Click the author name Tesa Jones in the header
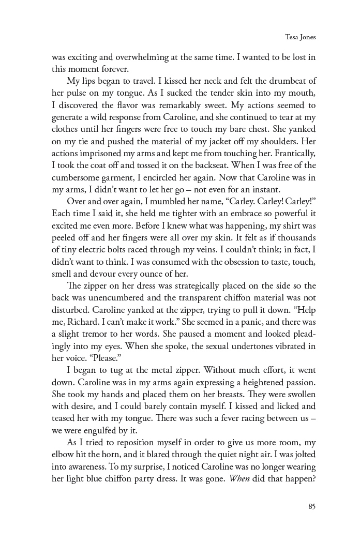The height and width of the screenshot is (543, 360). (300, 37)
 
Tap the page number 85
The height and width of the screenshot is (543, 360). (311, 506)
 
